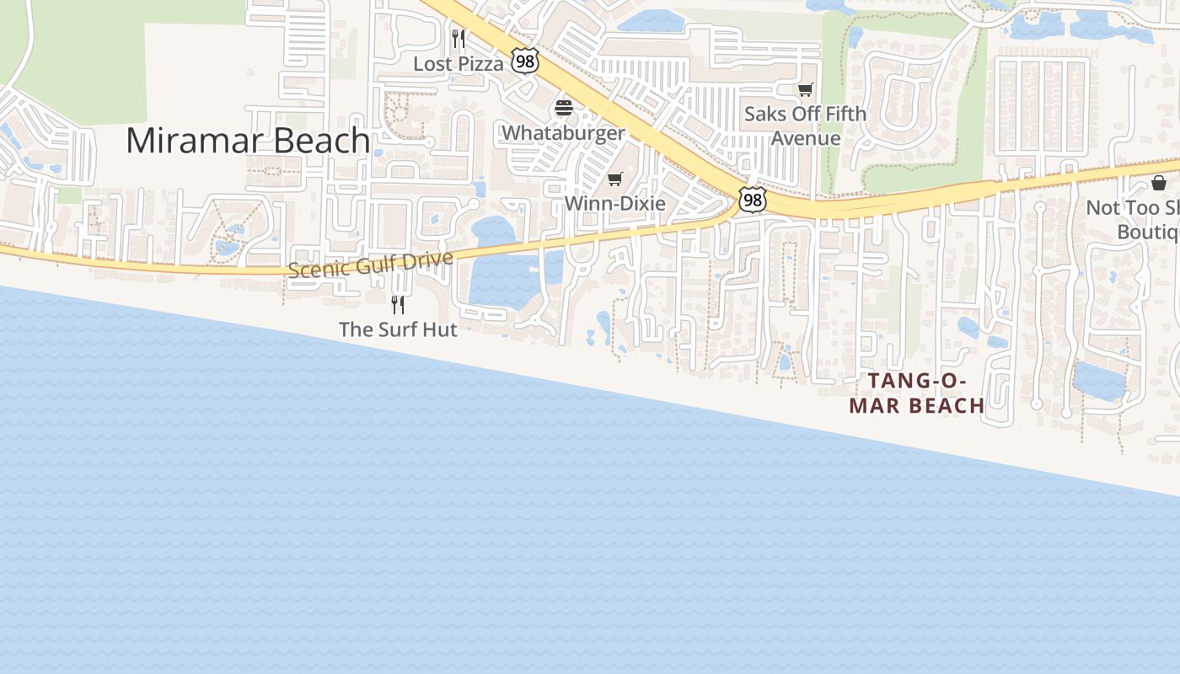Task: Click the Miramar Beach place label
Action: click(248, 141)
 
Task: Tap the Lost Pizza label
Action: click(458, 63)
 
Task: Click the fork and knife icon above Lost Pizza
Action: click(458, 38)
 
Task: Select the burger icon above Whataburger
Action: click(563, 109)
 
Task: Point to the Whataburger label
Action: click(563, 133)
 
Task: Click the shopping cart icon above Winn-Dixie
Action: click(614, 179)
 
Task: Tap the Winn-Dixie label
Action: click(614, 203)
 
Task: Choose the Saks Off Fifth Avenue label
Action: click(805, 126)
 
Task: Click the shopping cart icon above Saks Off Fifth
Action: click(805, 89)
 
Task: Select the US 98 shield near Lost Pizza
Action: click(524, 61)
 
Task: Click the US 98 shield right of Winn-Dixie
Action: click(752, 200)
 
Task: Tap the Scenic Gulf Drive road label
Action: click(370, 265)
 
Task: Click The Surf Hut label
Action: click(398, 329)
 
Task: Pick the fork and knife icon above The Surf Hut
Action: click(398, 304)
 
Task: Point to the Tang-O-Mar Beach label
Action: click(917, 393)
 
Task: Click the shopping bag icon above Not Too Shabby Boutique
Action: click(1159, 183)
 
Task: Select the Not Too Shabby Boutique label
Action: click(1134, 219)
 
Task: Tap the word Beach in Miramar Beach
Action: click(321, 141)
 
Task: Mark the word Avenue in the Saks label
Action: click(806, 138)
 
